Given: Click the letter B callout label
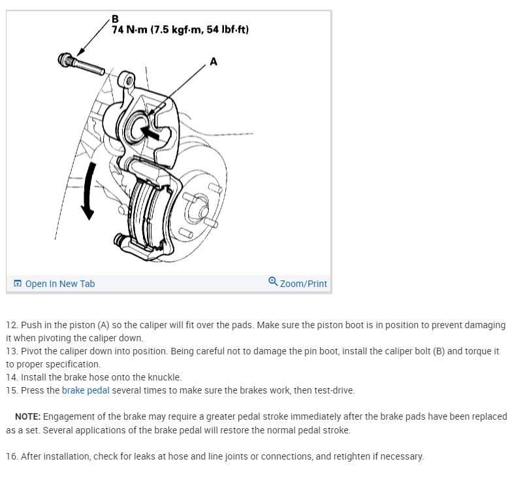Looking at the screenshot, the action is click(x=115, y=19).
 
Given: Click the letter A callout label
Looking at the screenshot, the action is click(x=214, y=61).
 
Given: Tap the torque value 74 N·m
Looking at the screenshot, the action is click(x=129, y=30).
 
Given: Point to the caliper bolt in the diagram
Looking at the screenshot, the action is click(x=81, y=64).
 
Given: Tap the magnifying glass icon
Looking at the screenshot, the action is click(x=273, y=282).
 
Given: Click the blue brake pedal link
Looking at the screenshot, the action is click(x=86, y=390).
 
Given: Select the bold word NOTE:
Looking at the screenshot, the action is click(x=28, y=416).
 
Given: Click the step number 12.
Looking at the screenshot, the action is click(x=11, y=325).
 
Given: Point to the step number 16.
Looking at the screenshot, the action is click(x=11, y=456).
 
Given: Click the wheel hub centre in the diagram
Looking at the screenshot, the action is click(x=202, y=211).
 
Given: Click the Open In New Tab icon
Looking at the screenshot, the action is click(x=18, y=284).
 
